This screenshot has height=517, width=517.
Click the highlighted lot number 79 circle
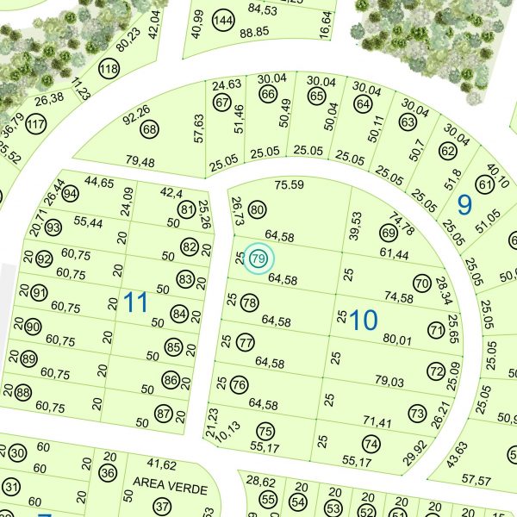pos(258,258)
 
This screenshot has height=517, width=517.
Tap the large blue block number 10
pos(364,321)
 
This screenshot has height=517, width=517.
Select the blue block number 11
pos(136,302)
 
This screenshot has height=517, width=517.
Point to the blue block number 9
pos(465,205)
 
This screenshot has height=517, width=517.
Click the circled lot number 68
pos(151,130)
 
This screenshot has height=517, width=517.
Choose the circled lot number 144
pos(224,20)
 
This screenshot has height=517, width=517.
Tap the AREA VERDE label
pos(170,489)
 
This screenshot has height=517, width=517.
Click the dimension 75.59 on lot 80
pos(290,184)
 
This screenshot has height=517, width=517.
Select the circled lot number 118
pos(109,69)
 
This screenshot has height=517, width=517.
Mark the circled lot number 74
pos(371,444)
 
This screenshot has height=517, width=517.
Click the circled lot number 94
pos(71,193)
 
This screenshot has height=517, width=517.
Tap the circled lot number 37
pos(160,506)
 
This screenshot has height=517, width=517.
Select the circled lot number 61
pos(483,184)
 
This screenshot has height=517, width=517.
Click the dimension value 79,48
pos(140,162)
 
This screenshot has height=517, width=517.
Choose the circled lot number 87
pos(164,414)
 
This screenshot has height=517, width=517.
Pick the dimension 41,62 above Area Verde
pos(161,464)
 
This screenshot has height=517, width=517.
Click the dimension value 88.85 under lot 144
pos(255,32)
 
